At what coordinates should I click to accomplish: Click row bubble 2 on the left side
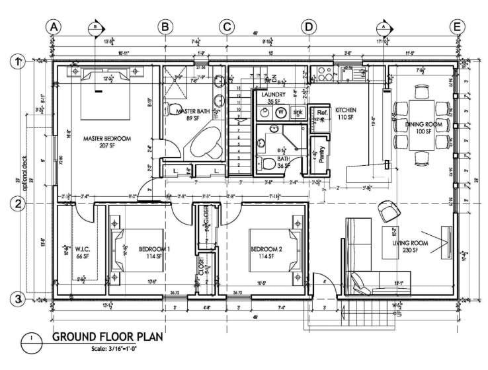[19, 204]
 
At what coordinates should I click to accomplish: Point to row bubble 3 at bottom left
[19, 299]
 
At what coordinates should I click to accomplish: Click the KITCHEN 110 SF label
[346, 113]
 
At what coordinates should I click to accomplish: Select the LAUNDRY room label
[272, 98]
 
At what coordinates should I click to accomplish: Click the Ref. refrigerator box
[322, 114]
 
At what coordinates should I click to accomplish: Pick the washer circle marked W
[280, 112]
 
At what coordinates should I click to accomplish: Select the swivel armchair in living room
[389, 210]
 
